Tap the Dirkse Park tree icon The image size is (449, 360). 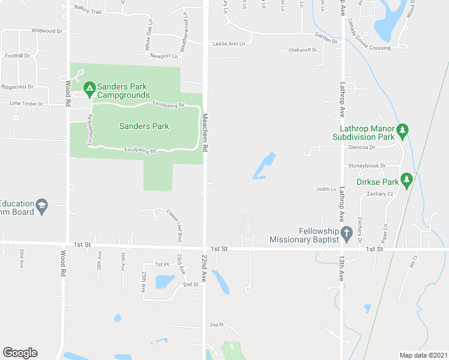pos(407,178)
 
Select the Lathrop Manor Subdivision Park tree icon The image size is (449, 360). pos(403,129)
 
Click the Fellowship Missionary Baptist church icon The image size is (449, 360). pos(346,232)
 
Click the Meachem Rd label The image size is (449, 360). pos(205,132)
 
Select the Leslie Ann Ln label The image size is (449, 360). pos(229,44)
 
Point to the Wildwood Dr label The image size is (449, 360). pos(47,31)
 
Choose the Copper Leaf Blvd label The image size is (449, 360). pos(177,226)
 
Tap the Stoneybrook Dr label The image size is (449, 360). pos(366,166)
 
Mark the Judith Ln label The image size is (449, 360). pos(327,189)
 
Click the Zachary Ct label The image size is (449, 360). pos(381,194)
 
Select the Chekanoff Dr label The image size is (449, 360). pos(302,50)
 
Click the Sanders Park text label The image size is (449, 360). pos(144,126)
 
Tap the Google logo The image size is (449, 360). pos(20,353)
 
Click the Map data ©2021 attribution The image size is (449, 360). pos(424,355)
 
